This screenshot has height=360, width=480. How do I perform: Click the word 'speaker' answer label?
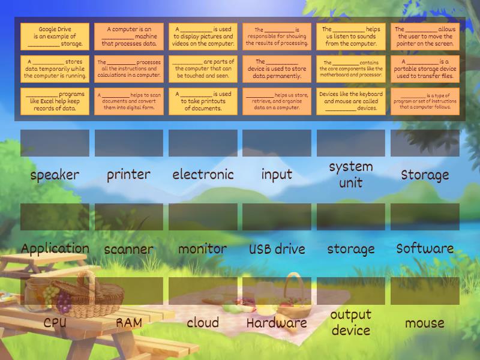coord(55,175)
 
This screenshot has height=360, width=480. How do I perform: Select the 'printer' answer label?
coord(128,175)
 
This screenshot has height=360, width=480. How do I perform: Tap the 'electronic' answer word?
coord(203,175)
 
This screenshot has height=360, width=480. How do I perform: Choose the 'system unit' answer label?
coord(351,175)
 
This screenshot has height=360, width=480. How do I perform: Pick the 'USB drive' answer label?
coord(277,249)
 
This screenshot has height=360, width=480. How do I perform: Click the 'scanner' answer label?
coord(128,250)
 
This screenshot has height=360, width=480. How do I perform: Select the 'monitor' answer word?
coord(203,248)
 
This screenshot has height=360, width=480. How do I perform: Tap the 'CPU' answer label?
coord(55,323)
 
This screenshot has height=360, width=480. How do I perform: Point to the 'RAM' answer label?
coord(129,323)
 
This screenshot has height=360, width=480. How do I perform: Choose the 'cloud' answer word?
coord(203,322)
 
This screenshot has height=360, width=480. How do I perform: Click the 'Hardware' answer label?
coord(277,323)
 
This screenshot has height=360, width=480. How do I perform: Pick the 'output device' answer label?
coord(351,322)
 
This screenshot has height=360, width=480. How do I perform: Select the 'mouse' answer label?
coord(425,323)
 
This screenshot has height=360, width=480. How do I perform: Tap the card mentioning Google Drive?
coord(55,36)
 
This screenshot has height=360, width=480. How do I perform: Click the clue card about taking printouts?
coord(203,101)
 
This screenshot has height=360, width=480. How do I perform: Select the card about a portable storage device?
coord(425,69)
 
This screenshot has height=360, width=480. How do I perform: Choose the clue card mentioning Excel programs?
coord(55,101)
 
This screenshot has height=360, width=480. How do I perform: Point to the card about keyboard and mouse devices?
coord(351,101)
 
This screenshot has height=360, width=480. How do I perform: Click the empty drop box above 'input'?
coord(277,143)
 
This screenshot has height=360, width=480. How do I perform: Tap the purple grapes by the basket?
coord(64,302)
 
